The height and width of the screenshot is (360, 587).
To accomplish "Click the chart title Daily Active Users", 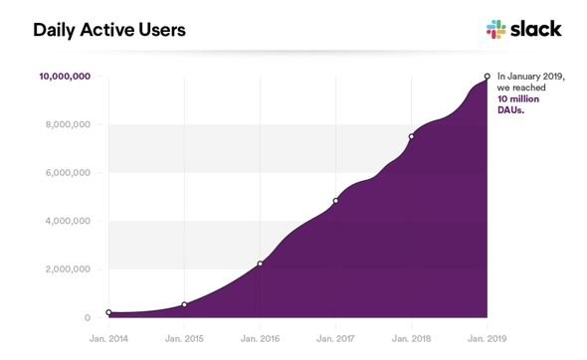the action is click(109, 30).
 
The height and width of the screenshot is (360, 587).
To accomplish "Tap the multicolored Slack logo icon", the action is click(496, 29).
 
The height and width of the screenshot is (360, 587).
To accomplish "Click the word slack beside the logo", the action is click(536, 29).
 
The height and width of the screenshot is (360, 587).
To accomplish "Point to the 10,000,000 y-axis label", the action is click(65, 77).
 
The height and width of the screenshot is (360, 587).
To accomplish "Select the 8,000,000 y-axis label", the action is click(68, 124).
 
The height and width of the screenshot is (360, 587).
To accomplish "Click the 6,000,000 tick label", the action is click(68, 173).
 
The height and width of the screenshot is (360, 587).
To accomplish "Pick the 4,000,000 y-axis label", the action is click(68, 221).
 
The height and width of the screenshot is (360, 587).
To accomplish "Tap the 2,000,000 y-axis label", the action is click(68, 270).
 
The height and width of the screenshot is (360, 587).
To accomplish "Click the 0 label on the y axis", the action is click(88, 317).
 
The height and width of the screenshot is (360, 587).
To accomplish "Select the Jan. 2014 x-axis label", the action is click(108, 339).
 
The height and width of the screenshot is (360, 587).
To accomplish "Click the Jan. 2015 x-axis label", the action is click(184, 339).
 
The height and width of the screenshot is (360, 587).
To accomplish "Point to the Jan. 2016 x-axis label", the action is click(261, 339).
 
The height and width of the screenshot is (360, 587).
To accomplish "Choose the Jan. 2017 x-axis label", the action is click(335, 339).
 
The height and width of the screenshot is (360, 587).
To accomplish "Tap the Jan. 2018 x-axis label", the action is click(412, 339).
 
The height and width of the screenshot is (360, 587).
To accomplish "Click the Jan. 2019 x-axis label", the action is click(488, 339).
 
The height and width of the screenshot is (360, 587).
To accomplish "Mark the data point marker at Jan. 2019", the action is click(488, 77).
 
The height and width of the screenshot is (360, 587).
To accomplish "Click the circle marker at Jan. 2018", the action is click(412, 136).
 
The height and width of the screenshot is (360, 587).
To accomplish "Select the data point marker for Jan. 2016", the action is click(261, 264).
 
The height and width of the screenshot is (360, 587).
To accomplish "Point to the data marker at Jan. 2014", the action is click(108, 312).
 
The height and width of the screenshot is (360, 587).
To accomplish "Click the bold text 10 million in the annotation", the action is click(518, 99).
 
